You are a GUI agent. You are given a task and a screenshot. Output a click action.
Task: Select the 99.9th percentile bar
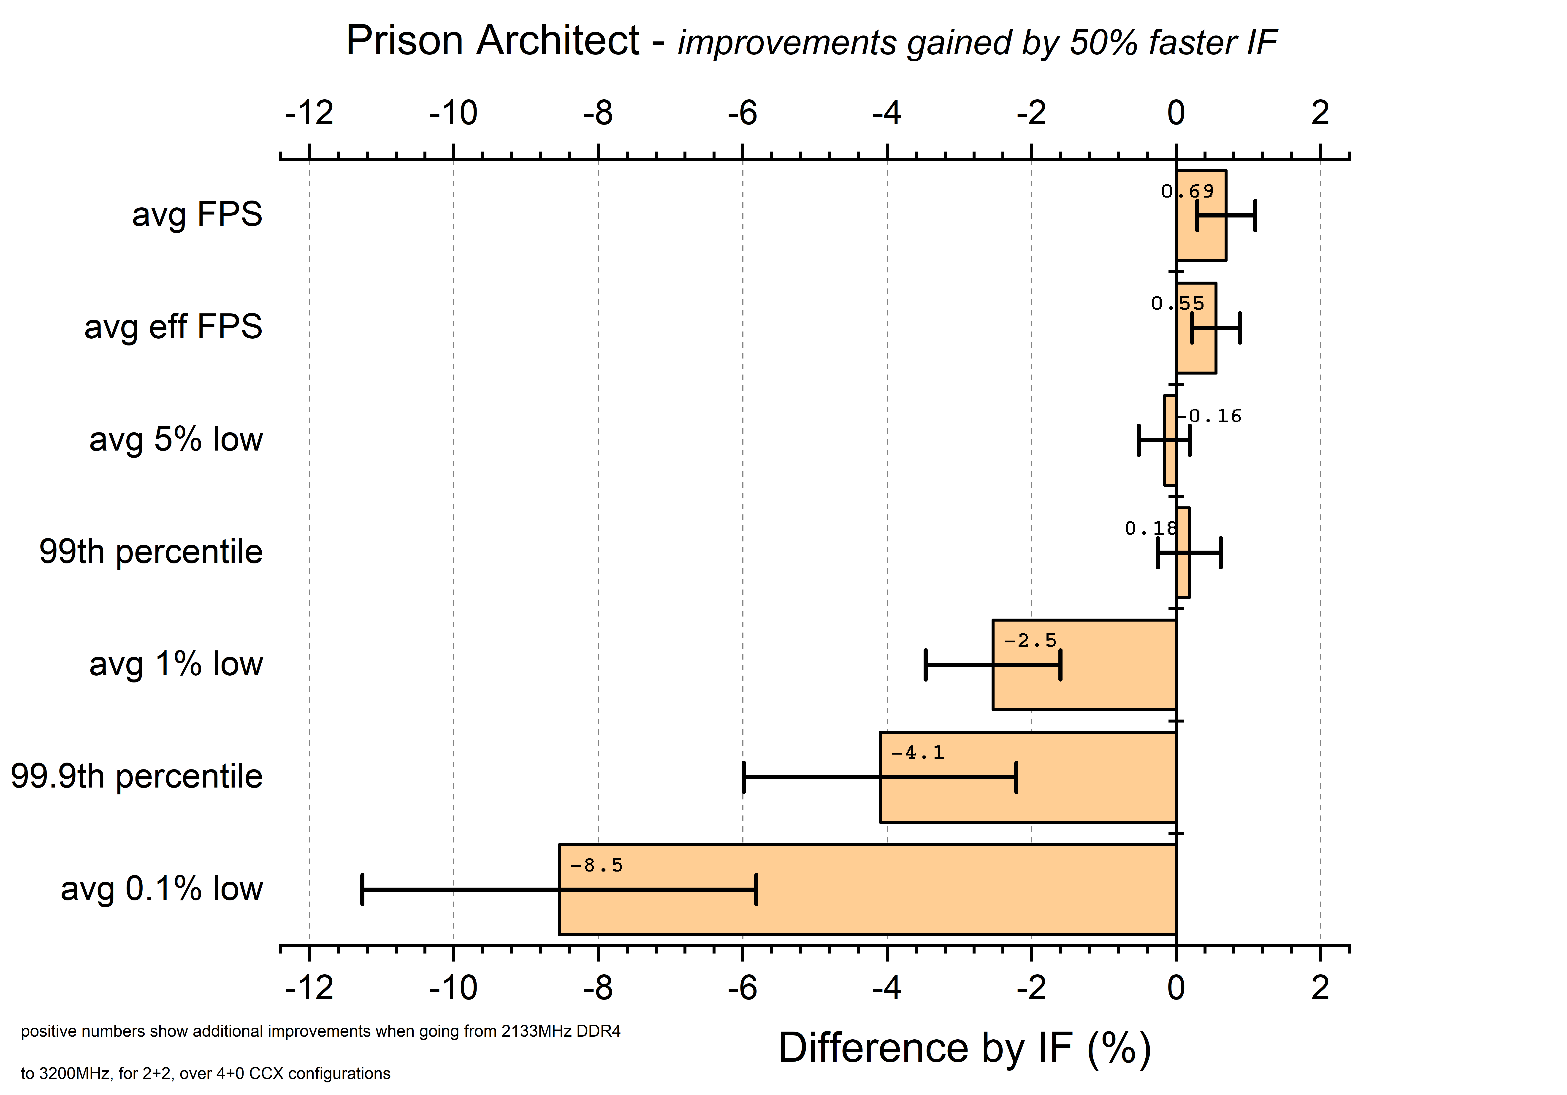[1027, 799]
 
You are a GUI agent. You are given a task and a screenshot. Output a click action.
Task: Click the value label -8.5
[596, 866]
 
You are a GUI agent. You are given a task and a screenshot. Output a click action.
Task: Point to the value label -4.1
[917, 753]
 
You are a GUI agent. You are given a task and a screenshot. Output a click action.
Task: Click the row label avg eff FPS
[173, 327]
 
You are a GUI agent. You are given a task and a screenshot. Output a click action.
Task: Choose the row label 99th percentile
[151, 552]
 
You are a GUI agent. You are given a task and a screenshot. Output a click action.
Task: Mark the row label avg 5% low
[176, 439]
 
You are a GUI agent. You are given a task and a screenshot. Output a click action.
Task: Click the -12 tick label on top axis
[309, 113]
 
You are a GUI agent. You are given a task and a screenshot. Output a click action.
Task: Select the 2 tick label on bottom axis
[1320, 988]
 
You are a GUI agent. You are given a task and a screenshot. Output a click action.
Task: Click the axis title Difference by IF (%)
[964, 1048]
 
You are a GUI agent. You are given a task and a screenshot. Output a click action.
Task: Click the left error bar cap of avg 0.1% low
[362, 889]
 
